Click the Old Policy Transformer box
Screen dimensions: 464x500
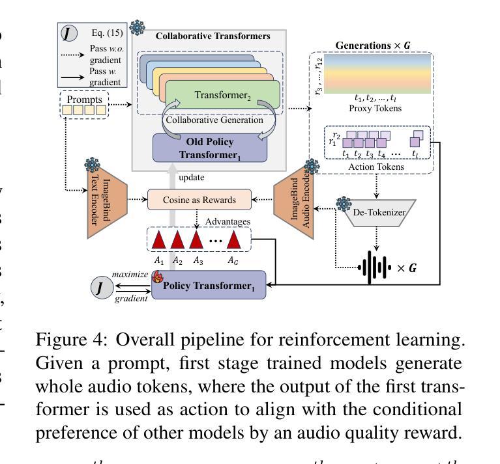210,148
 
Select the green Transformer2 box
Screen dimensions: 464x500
222,96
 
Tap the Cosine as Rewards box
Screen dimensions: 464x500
199,199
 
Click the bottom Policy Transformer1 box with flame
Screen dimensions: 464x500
209,285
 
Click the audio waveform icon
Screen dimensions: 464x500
375,267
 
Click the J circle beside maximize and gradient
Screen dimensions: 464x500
100,287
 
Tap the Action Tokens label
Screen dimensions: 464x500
375,167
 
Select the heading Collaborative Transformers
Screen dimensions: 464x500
213,36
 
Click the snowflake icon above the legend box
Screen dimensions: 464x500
137,27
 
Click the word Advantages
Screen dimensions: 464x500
228,222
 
